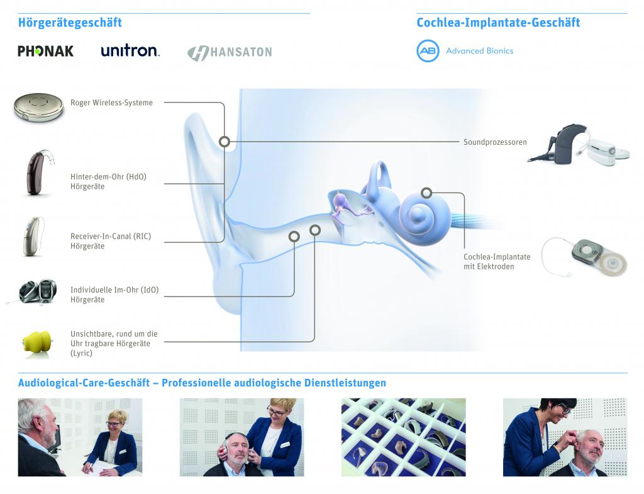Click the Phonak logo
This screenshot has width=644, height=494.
[45, 51]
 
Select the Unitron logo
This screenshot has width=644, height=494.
[130, 50]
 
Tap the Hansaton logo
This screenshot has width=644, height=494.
[230, 53]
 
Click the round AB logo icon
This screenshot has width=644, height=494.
[428, 51]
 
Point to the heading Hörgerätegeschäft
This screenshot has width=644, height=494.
[70, 23]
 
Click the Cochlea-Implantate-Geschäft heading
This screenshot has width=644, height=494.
[498, 23]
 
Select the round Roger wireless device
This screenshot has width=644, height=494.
[38, 108]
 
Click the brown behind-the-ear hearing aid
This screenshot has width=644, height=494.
[38, 172]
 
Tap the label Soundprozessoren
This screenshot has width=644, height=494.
[495, 142]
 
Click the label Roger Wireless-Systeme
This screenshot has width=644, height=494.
[111, 103]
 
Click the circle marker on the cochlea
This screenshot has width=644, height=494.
[427, 193]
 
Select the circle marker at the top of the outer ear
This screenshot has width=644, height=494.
[225, 142]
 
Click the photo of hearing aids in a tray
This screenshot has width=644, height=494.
[403, 437]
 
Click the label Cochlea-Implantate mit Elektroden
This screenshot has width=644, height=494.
[497, 262]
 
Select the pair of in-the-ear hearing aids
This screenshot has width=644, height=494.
[37, 292]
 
